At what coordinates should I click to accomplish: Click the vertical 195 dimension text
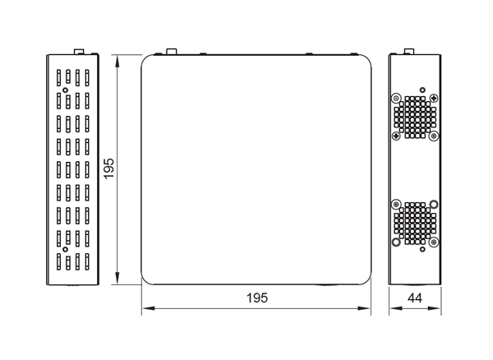click(x=109, y=168)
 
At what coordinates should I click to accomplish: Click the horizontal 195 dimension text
click(x=257, y=298)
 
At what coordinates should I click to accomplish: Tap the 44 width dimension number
click(x=415, y=298)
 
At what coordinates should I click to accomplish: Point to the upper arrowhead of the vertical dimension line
click(x=117, y=62)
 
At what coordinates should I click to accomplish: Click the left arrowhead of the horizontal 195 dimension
click(x=148, y=308)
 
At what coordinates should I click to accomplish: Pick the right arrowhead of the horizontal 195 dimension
click(x=364, y=308)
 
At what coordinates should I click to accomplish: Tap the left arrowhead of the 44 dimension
click(x=395, y=308)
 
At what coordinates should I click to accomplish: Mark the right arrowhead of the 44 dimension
click(x=434, y=308)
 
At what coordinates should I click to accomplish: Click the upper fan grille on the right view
click(x=415, y=118)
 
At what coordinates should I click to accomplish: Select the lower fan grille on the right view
click(x=415, y=224)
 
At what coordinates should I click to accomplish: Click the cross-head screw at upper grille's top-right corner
click(x=434, y=98)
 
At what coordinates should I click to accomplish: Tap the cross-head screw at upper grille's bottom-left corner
click(x=396, y=136)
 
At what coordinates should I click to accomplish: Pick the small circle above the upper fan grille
click(x=422, y=90)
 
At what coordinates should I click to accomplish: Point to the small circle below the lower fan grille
click(x=422, y=249)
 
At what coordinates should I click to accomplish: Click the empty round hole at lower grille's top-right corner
click(x=434, y=204)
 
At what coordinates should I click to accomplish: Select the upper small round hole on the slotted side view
click(x=65, y=90)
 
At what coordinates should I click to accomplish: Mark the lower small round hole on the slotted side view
click(x=65, y=249)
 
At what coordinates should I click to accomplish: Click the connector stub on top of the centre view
click(x=172, y=52)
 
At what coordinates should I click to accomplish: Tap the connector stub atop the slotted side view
click(x=79, y=52)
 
